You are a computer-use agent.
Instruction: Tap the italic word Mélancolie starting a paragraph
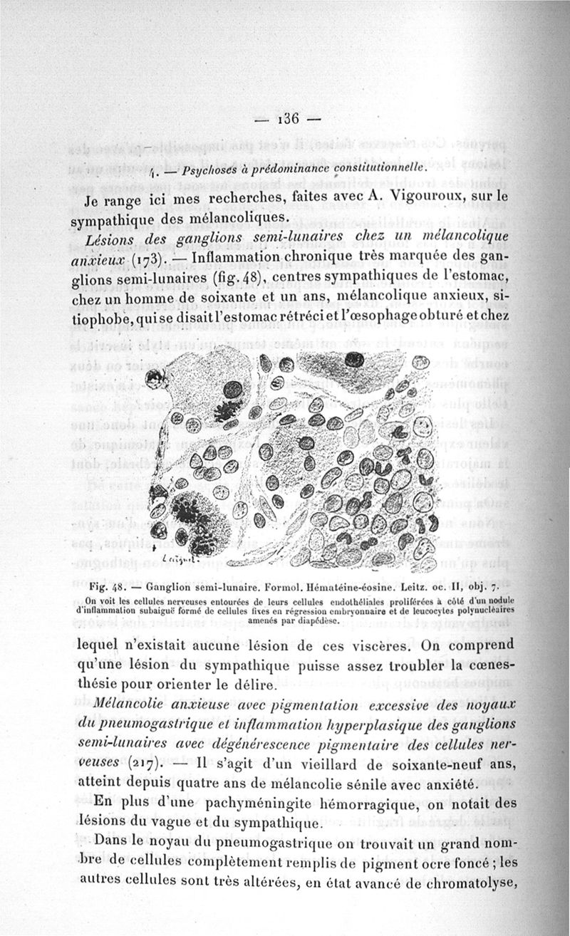pyautogui.click(x=130, y=704)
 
